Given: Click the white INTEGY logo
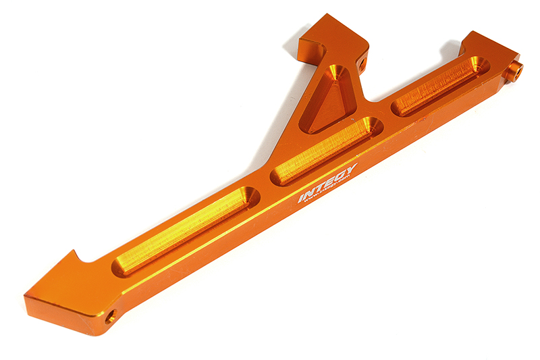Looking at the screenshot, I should point(329,182).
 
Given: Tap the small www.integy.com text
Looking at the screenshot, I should point(333,191).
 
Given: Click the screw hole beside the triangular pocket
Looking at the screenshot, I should point(363,65).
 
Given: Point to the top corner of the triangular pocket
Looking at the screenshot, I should point(335,70).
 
